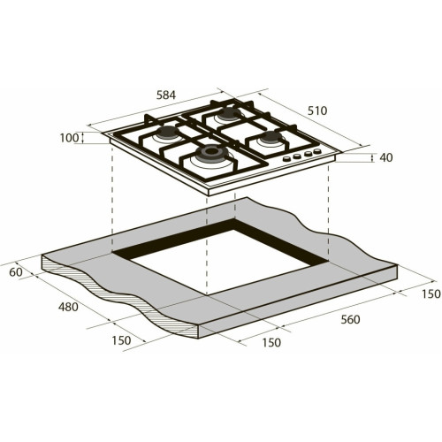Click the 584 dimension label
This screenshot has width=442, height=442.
(x=166, y=95)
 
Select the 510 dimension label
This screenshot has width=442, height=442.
(x=317, y=110)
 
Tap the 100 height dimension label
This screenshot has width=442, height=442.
(x=70, y=138)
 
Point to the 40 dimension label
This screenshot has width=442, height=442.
(x=386, y=157)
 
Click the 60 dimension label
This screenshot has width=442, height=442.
(x=16, y=272)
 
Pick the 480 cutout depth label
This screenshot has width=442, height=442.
(x=68, y=307)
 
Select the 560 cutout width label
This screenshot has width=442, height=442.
(x=350, y=319)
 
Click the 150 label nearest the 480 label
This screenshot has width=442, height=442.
(x=121, y=340)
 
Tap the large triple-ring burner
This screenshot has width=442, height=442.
(x=210, y=152)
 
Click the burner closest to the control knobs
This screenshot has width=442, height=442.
(x=271, y=137)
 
